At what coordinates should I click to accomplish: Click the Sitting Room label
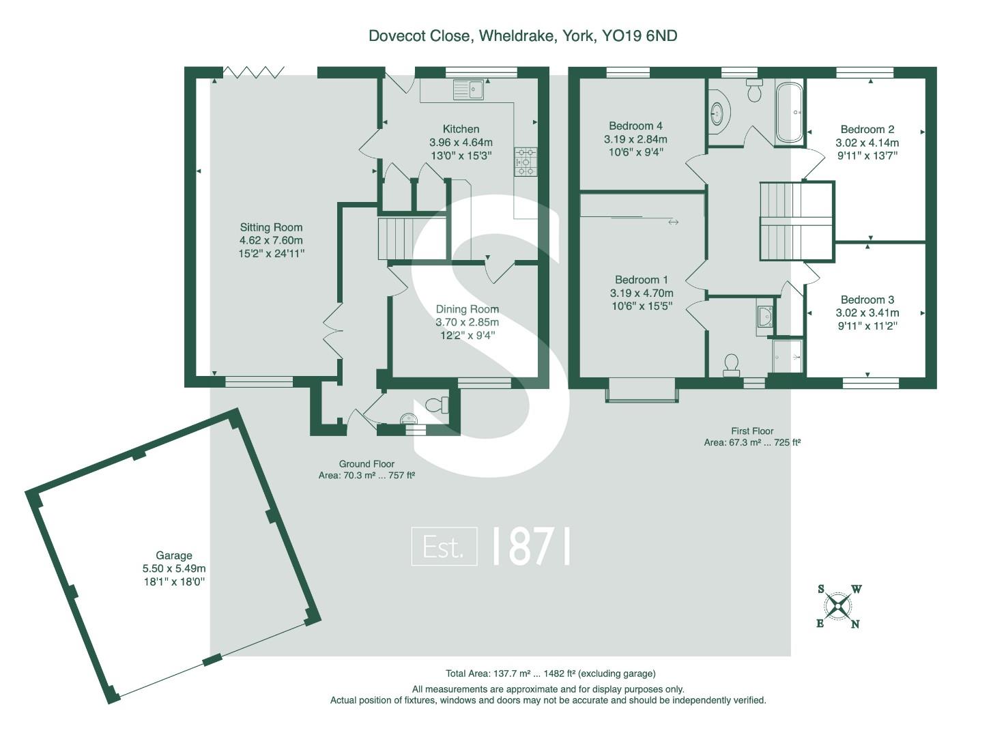(271, 228)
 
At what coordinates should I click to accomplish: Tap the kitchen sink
(468, 89)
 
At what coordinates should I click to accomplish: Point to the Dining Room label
(467, 309)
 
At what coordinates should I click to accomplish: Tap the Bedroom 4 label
(635, 126)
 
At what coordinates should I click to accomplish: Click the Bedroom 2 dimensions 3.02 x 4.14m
(867, 143)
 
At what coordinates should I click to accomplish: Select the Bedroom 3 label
(867, 300)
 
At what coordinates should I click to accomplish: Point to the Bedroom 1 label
(641, 280)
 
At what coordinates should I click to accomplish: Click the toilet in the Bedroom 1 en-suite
(731, 364)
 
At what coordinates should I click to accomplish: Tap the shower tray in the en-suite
(788, 356)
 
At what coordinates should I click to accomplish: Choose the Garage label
(174, 555)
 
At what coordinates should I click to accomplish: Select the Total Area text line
(550, 674)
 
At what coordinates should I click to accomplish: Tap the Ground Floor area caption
(367, 469)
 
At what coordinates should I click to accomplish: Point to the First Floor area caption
(752, 437)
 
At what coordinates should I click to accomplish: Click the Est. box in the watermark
(444, 547)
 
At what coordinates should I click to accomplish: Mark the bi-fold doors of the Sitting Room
(254, 72)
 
